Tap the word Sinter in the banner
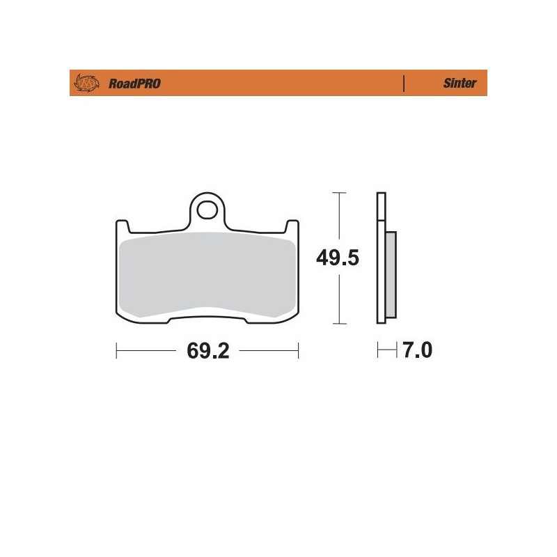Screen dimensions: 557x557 point(460,83)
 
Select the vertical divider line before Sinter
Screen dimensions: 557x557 point(404,83)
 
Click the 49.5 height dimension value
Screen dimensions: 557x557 point(338,259)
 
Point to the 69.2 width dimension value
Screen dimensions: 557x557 point(207,351)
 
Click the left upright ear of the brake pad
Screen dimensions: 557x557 point(120,228)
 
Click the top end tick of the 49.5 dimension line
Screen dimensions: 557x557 point(338,192)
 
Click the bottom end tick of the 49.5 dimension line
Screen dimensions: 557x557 point(338,324)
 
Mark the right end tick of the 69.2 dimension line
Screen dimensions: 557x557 point(299,351)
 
